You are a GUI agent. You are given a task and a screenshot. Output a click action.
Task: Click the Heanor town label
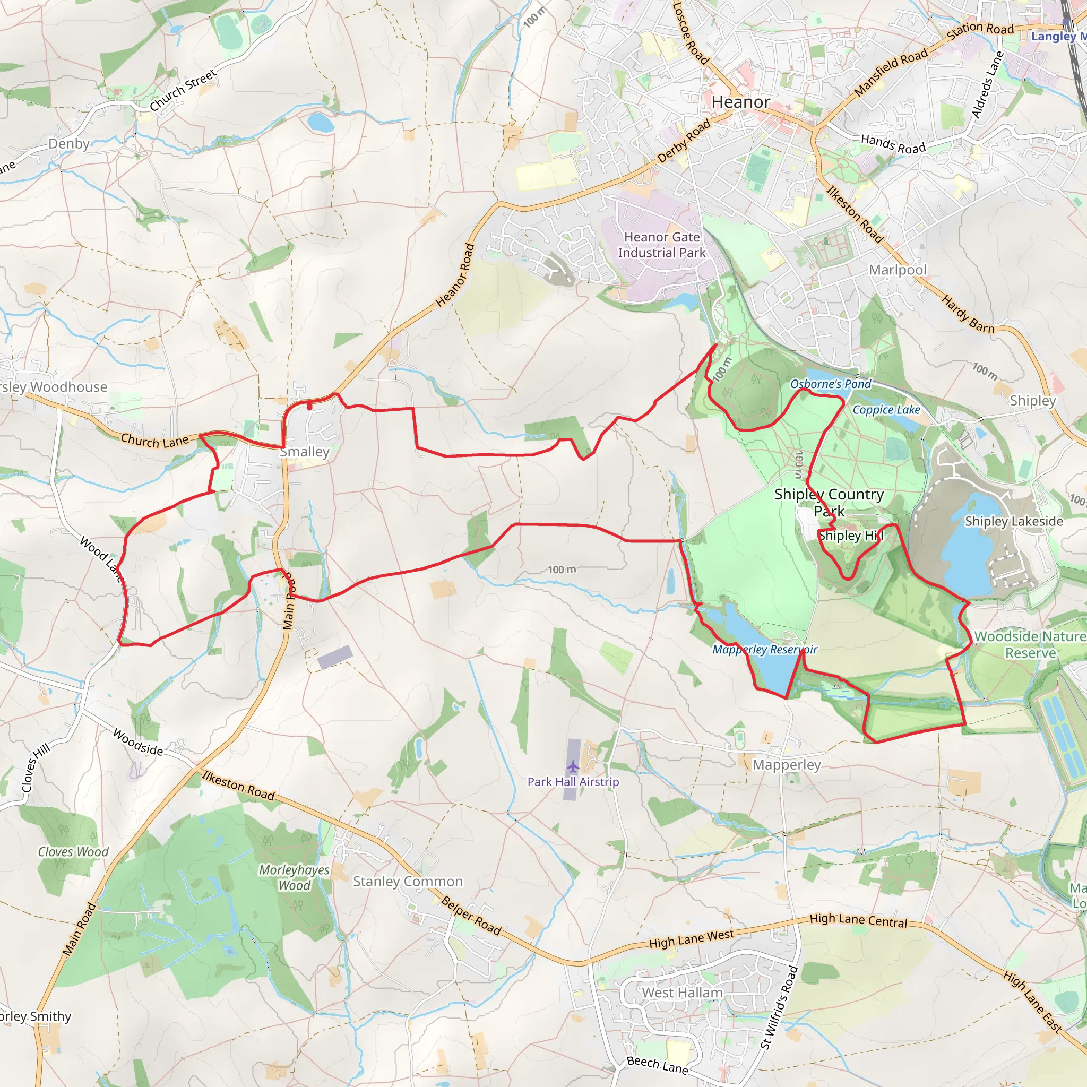coord(740,102)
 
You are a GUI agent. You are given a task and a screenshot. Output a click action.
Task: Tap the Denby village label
coord(68,143)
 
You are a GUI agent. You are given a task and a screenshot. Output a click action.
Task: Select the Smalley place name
coord(304,452)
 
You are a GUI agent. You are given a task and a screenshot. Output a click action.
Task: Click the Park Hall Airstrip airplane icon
coord(573,766)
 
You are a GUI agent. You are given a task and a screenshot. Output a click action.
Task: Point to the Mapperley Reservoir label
coord(765,649)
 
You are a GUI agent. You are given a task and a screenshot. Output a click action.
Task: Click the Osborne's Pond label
coord(831,384)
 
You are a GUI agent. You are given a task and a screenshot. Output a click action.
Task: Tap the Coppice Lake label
coord(886,410)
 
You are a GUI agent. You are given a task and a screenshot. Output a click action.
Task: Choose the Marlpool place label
coord(898,270)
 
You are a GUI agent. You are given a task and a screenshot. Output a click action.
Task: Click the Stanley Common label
coord(408,881)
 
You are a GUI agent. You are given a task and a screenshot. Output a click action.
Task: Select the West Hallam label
coord(682,993)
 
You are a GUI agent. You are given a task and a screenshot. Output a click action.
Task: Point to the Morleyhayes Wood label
coord(294,877)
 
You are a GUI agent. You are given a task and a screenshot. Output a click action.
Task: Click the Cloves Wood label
coord(73,852)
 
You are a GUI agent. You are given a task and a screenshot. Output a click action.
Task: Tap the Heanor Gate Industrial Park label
coord(662,245)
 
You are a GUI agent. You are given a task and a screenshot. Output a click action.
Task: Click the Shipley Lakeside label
coord(1014,521)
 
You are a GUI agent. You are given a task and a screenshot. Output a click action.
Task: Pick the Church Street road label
coord(183,90)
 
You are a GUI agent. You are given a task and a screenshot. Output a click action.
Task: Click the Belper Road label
coord(471,915)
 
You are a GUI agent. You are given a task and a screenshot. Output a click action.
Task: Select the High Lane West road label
coord(692,938)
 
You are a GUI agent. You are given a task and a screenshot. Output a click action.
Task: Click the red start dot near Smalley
coord(309,406)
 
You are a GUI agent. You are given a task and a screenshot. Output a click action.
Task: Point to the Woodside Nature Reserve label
coord(1030,644)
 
